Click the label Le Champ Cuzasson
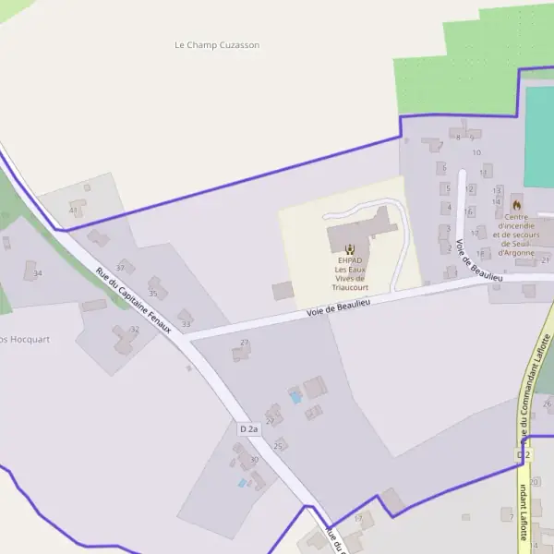(217, 44)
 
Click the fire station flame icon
(516, 204)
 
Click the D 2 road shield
(524, 455)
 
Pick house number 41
(73, 211)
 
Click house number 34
(38, 273)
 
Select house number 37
(120, 268)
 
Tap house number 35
(152, 294)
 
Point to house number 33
(186, 324)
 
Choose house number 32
(134, 329)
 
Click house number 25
(277, 445)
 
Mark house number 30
(254, 460)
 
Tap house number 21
(545, 260)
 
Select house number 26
(547, 403)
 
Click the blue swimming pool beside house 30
(242, 482)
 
